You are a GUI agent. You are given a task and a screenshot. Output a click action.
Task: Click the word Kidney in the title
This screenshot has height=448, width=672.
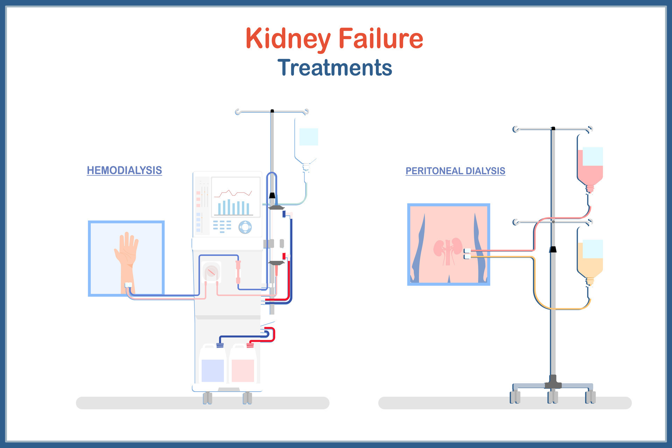pos(288,38)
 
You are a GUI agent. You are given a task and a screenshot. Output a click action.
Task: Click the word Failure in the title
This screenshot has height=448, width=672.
pos(381,38)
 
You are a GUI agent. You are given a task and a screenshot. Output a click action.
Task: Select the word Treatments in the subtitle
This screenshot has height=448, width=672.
pos(335,68)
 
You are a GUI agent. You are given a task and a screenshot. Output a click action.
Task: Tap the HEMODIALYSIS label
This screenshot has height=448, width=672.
pos(124,170)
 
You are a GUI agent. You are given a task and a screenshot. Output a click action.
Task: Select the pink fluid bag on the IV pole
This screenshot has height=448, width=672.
pos(590,168)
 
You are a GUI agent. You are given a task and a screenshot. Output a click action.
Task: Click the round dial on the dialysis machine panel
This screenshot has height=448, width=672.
pos(245,227)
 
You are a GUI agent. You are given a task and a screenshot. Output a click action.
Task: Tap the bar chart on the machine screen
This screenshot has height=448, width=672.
pos(233,208)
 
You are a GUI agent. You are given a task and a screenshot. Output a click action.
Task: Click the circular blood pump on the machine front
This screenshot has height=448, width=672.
pos(211,272)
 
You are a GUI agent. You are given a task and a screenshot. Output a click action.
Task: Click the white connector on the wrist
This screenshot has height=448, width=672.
pos(128,285)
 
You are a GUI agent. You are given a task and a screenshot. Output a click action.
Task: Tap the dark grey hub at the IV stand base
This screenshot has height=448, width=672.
pos(553,383)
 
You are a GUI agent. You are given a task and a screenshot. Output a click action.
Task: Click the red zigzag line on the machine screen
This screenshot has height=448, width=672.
pos(233,193)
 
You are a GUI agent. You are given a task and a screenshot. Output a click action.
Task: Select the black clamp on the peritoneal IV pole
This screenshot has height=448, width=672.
pos(553,250)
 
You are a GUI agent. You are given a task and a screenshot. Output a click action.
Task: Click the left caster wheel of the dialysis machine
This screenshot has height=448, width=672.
pos(208,398)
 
